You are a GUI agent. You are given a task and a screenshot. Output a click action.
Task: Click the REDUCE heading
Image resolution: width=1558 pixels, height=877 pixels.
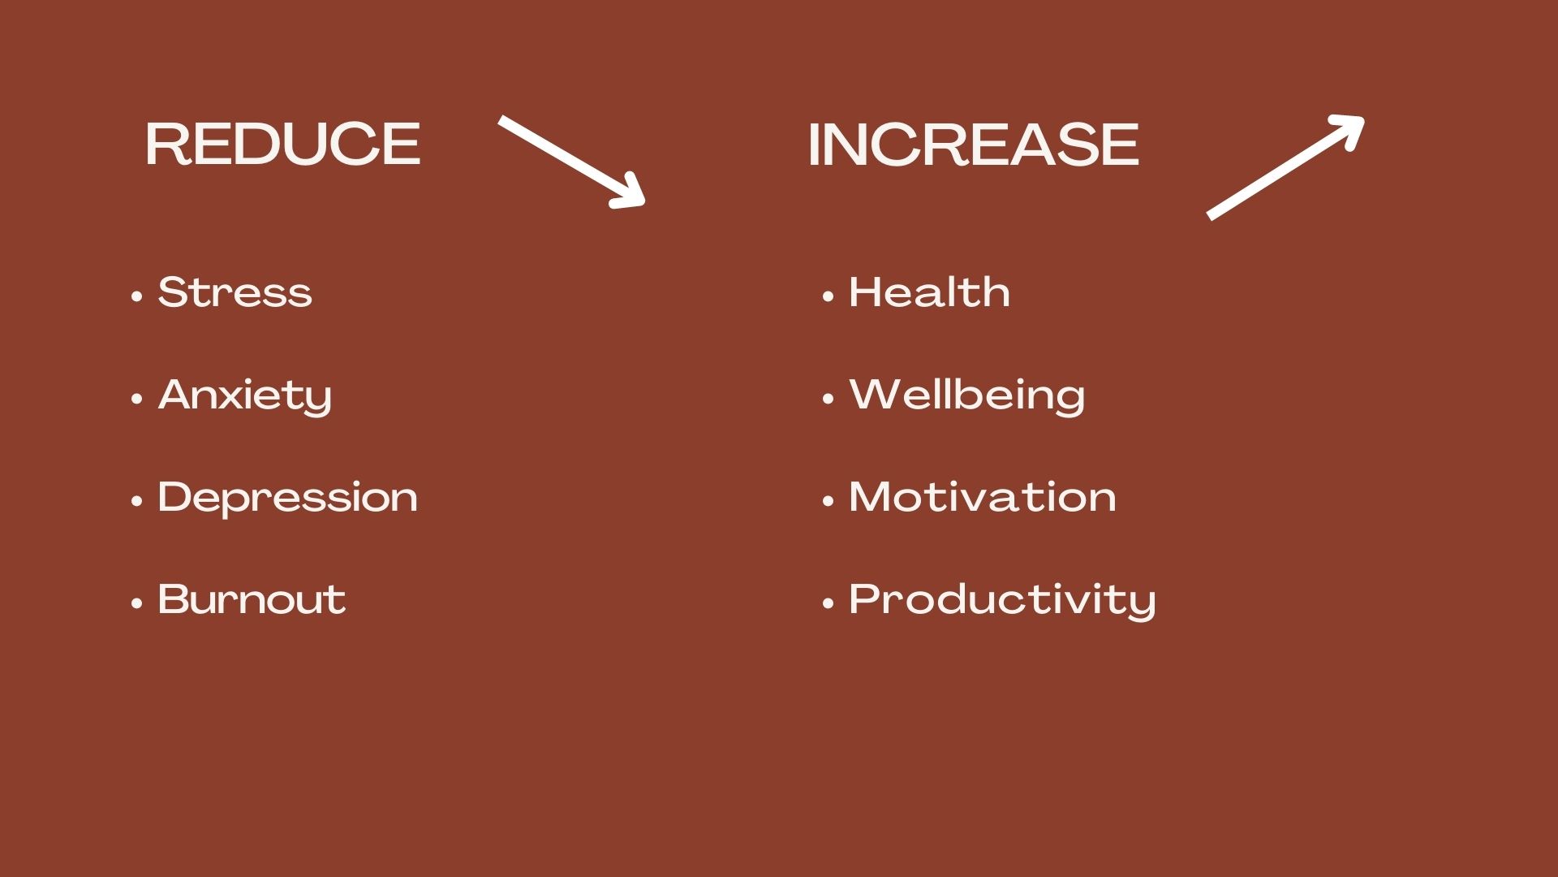click(283, 145)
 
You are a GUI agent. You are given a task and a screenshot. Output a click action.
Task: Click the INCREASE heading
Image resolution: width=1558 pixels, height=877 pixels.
click(973, 145)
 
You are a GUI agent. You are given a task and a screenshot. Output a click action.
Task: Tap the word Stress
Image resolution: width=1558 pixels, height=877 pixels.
click(235, 292)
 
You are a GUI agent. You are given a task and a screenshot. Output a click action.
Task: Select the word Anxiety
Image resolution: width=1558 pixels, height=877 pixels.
click(245, 396)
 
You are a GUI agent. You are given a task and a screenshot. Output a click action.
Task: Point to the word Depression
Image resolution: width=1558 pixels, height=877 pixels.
click(288, 498)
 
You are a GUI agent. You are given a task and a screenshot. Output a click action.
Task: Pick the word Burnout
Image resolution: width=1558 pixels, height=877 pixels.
click(252, 599)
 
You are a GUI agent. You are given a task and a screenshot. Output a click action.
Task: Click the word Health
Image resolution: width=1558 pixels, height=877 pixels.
click(929, 292)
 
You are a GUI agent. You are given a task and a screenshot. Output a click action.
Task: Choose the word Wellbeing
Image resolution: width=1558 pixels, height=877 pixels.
click(966, 396)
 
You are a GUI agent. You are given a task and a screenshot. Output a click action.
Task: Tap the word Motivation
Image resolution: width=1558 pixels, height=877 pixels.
click(983, 497)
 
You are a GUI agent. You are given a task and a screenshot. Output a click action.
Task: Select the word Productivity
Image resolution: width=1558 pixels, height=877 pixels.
click(1002, 601)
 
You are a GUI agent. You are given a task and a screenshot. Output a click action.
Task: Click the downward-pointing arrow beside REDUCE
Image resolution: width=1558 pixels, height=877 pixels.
click(571, 162)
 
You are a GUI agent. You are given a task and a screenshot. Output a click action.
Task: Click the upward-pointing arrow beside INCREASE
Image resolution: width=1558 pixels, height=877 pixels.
click(1285, 167)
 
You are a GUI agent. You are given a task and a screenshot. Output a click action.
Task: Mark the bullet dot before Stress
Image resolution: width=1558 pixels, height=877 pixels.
click(137, 296)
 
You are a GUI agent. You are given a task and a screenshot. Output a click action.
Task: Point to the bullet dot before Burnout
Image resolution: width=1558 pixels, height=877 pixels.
click(137, 603)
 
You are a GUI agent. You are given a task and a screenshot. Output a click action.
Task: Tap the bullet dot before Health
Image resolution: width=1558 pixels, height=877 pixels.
click(828, 296)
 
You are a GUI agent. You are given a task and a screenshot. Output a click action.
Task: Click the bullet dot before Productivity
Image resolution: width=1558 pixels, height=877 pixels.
click(828, 603)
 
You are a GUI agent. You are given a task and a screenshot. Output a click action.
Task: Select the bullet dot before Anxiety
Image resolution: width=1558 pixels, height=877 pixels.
click(137, 399)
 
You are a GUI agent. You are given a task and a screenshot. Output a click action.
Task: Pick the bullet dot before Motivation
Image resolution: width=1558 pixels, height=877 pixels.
click(828, 501)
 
